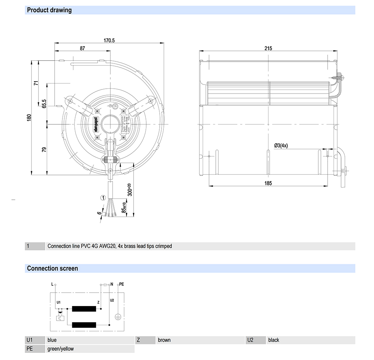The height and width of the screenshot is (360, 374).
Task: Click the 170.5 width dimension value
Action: tap(109, 40)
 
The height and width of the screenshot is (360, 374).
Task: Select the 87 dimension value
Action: tap(82, 48)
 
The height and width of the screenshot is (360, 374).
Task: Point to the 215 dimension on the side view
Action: tap(268, 48)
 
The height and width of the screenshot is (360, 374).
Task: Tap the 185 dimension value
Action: tap(268, 183)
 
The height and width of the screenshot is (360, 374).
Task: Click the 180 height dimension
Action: tap(29, 117)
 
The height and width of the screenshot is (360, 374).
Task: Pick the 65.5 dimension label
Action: tap(44, 103)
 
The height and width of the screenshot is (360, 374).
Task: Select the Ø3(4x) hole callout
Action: tap(280, 146)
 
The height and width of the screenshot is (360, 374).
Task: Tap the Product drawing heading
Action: tap(49, 10)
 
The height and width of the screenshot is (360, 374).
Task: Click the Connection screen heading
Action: tap(52, 268)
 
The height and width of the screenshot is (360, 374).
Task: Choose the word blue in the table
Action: tap(52, 340)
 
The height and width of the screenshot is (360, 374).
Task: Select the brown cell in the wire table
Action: tap(164, 340)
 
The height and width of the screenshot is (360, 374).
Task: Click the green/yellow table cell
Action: tap(61, 349)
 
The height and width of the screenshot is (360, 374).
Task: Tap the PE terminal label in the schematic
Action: tap(121, 284)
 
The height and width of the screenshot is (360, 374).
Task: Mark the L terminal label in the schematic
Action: tap(52, 284)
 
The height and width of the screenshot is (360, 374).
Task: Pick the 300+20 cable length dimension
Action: tap(129, 190)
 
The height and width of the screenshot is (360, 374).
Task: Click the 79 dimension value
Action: tap(44, 150)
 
